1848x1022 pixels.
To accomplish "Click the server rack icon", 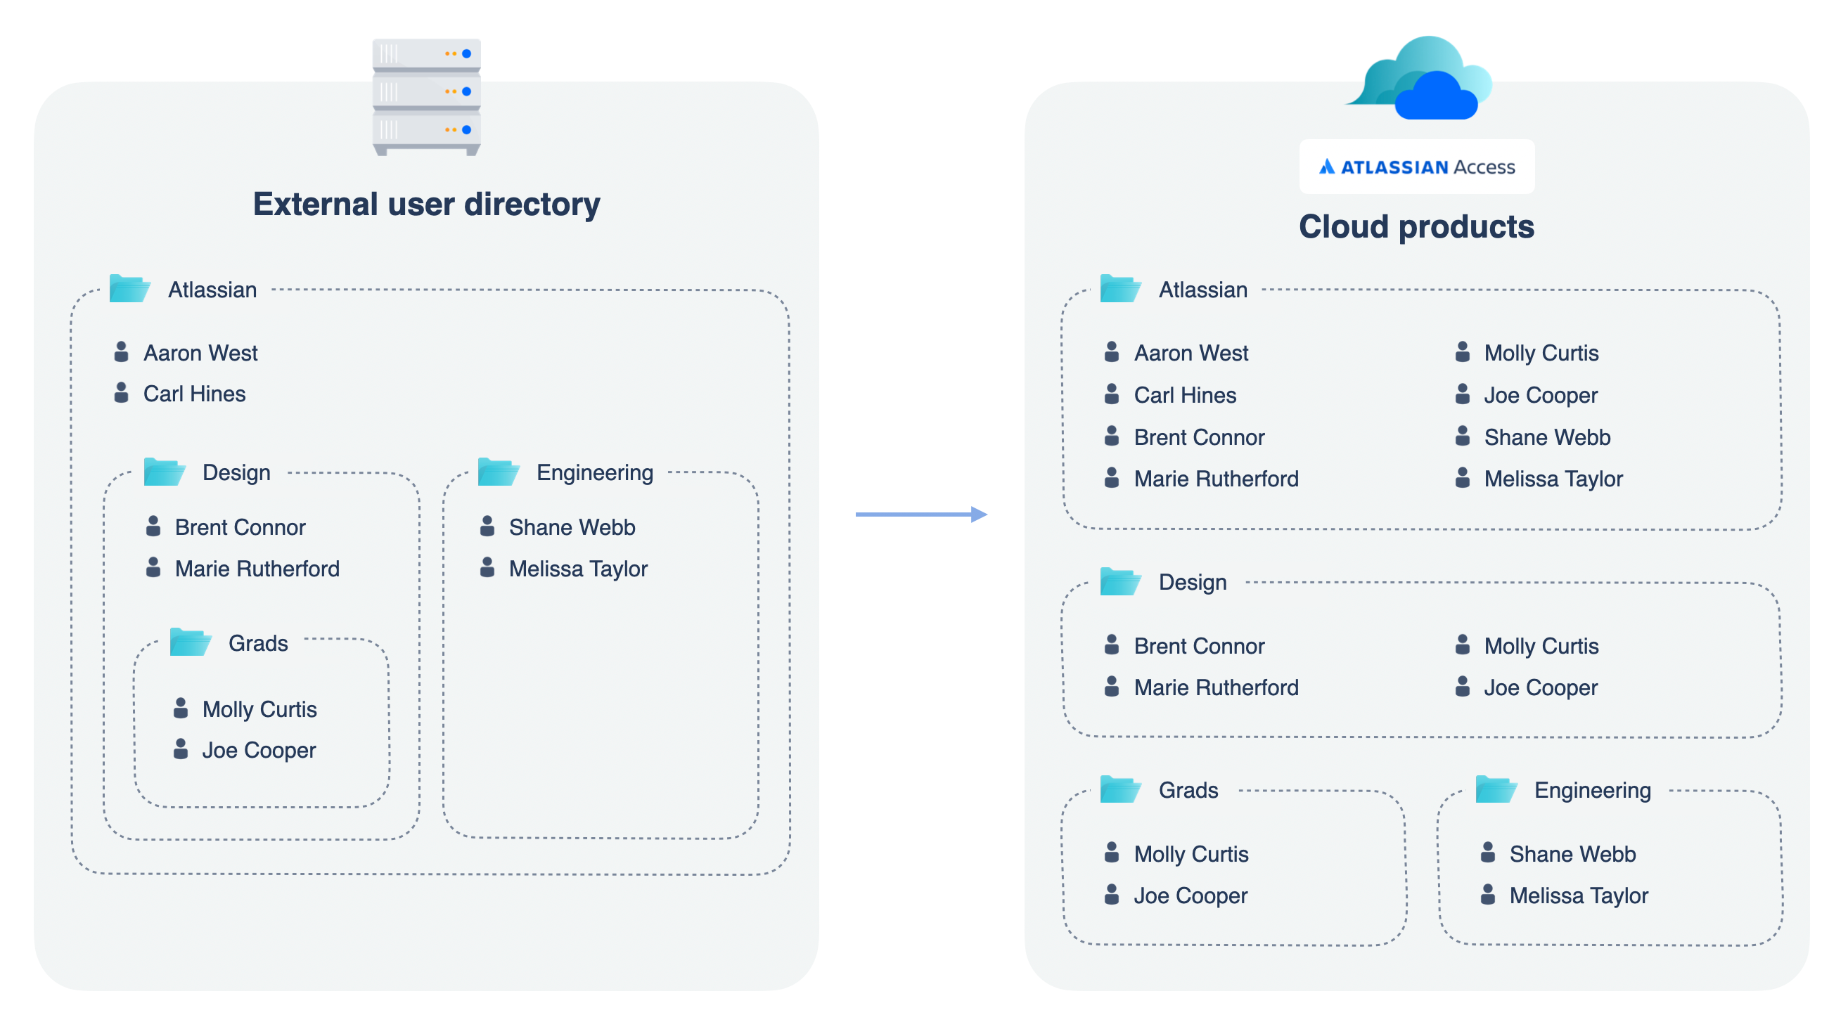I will click(x=426, y=97).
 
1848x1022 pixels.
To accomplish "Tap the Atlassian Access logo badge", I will click(x=1416, y=167).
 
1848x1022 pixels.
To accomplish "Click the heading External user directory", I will click(x=426, y=205).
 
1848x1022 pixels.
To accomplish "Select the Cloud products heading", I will click(x=1416, y=226).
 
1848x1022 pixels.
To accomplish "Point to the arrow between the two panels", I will click(x=921, y=515).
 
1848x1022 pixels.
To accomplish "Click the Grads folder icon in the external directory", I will click(x=190, y=642).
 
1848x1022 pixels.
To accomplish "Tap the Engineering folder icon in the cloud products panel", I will click(x=1496, y=789).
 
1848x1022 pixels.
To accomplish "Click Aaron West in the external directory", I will click(x=200, y=353).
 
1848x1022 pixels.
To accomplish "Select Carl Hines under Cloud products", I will click(x=1184, y=395).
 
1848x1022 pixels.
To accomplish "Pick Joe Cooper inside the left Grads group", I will click(x=258, y=750).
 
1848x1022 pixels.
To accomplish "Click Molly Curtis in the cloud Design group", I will click(x=1541, y=646).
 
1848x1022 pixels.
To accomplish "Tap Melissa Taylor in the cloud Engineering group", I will click(x=1578, y=895).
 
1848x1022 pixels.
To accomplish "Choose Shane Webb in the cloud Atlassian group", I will click(x=1547, y=437).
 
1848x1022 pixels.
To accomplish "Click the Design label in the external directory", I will click(x=236, y=472).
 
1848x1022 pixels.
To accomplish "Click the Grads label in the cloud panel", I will click(x=1188, y=790).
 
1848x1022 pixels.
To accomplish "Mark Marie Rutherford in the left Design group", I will click(x=257, y=569).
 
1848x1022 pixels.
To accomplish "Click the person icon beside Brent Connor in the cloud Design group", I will click(x=1111, y=645).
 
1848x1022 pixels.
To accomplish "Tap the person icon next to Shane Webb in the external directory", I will click(x=487, y=526).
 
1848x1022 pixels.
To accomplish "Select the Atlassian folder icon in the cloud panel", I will click(x=1120, y=289).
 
